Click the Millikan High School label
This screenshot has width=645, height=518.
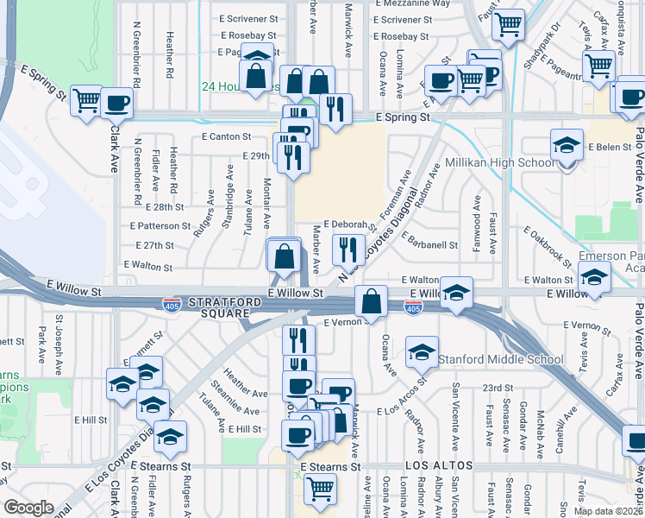[x=499, y=162]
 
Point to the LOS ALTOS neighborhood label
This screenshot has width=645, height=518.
[x=439, y=465]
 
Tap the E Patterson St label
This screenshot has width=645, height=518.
[x=160, y=225]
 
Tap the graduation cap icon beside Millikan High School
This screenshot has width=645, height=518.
[x=567, y=144]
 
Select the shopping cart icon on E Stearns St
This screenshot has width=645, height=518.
[x=320, y=488]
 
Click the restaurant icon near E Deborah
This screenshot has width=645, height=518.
[x=348, y=250]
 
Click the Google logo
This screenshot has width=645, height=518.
[x=28, y=507]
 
